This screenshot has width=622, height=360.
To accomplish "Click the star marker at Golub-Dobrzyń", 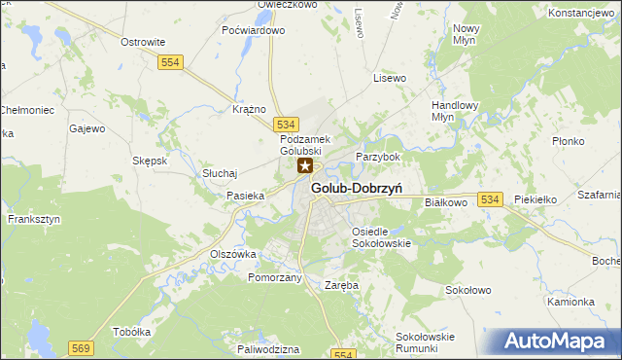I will point(304,167).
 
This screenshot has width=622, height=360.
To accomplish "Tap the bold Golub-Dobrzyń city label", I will point(358,188).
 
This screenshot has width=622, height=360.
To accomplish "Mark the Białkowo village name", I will point(447,201).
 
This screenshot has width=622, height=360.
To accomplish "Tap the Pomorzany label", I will point(276,277).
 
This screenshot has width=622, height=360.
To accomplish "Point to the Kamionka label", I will point(570,302).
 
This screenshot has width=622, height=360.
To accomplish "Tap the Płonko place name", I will point(566,140).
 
